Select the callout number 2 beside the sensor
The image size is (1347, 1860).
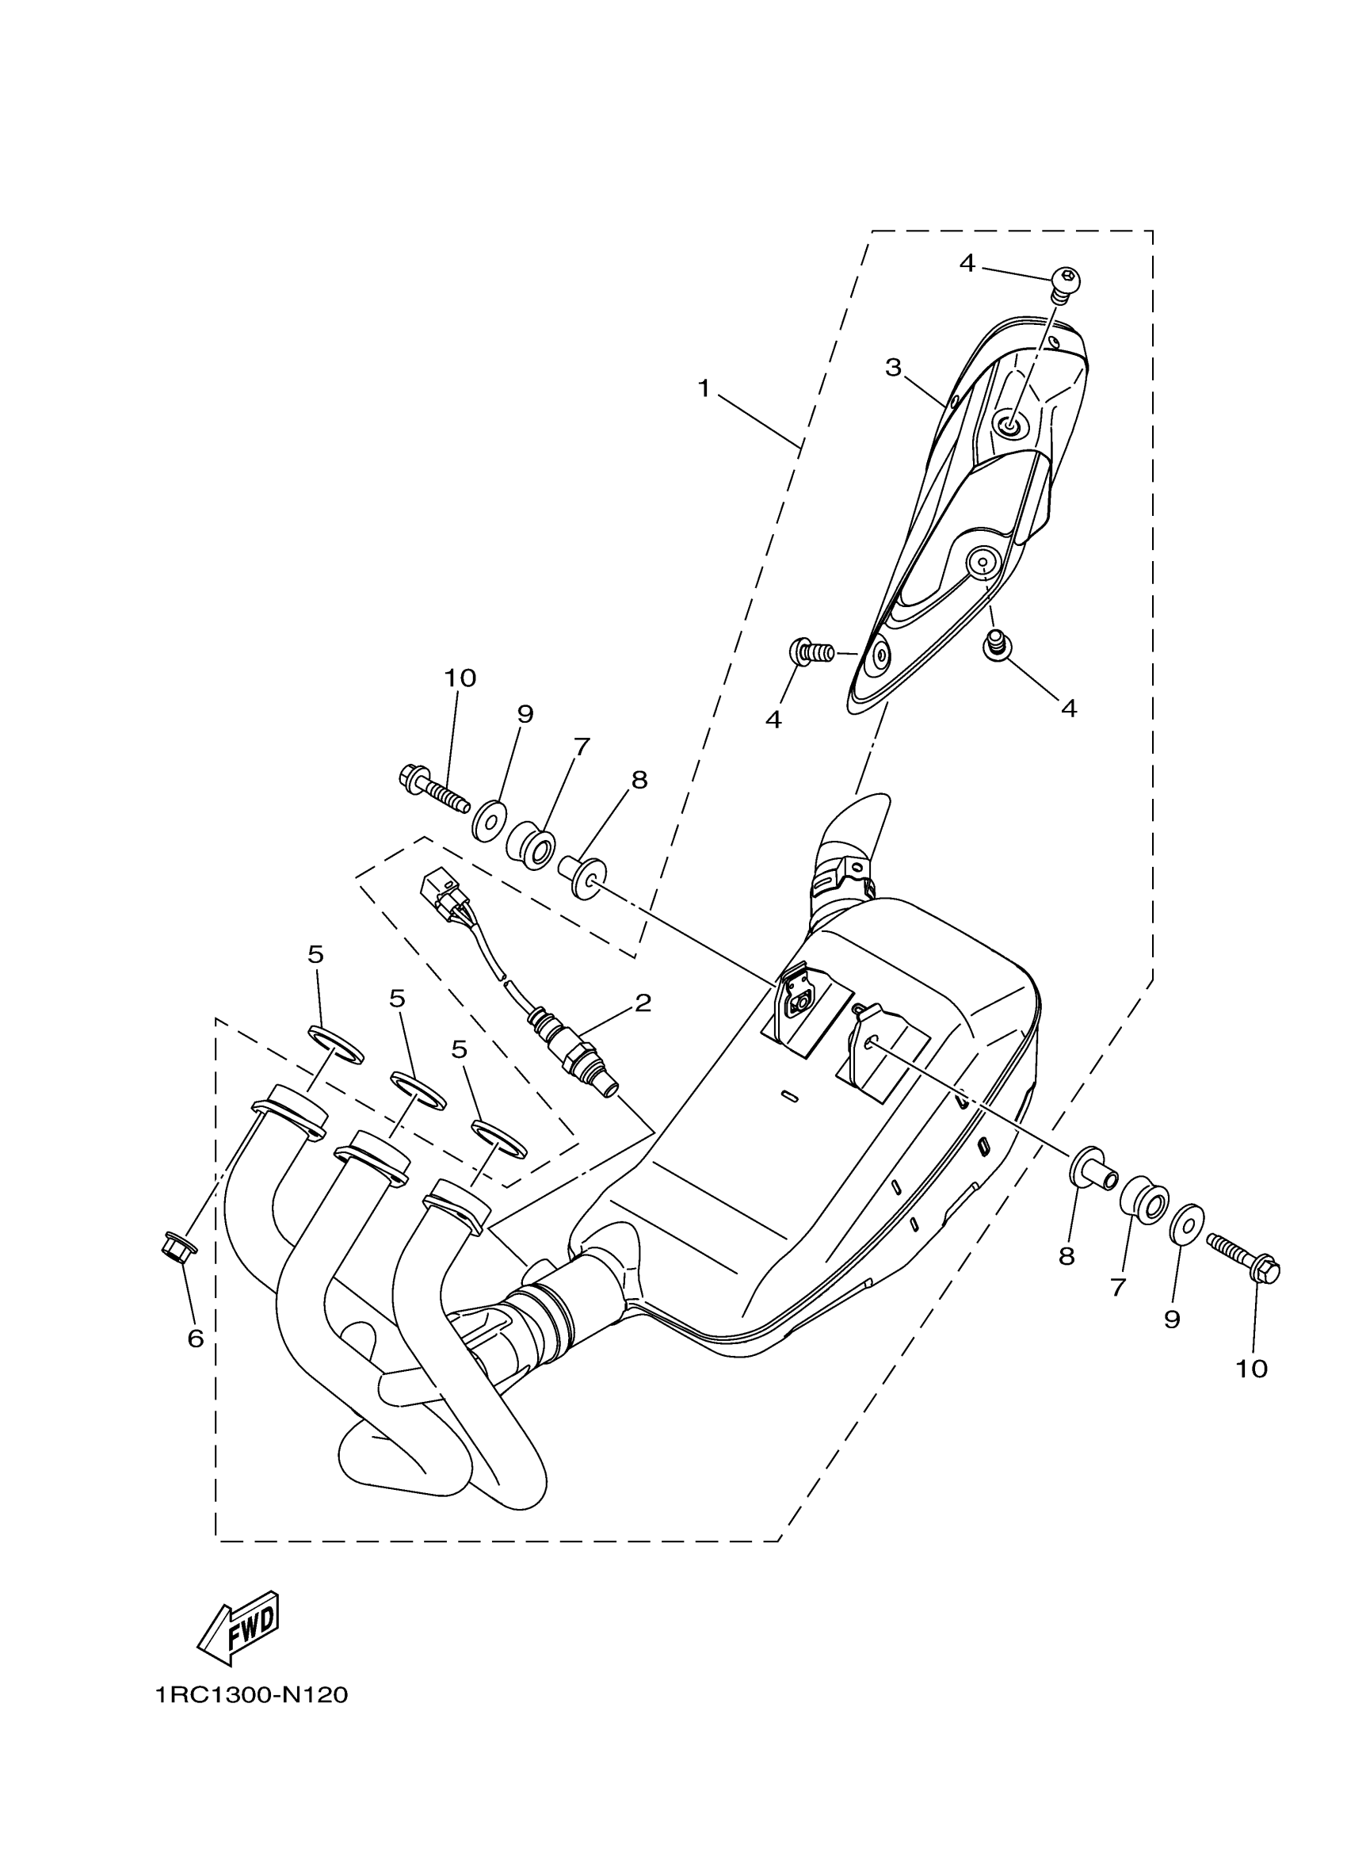(642, 1003)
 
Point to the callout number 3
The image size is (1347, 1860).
(893, 368)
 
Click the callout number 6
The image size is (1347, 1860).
(195, 1339)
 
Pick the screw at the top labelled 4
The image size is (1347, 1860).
(1065, 283)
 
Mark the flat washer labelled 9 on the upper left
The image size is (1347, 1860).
(490, 821)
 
